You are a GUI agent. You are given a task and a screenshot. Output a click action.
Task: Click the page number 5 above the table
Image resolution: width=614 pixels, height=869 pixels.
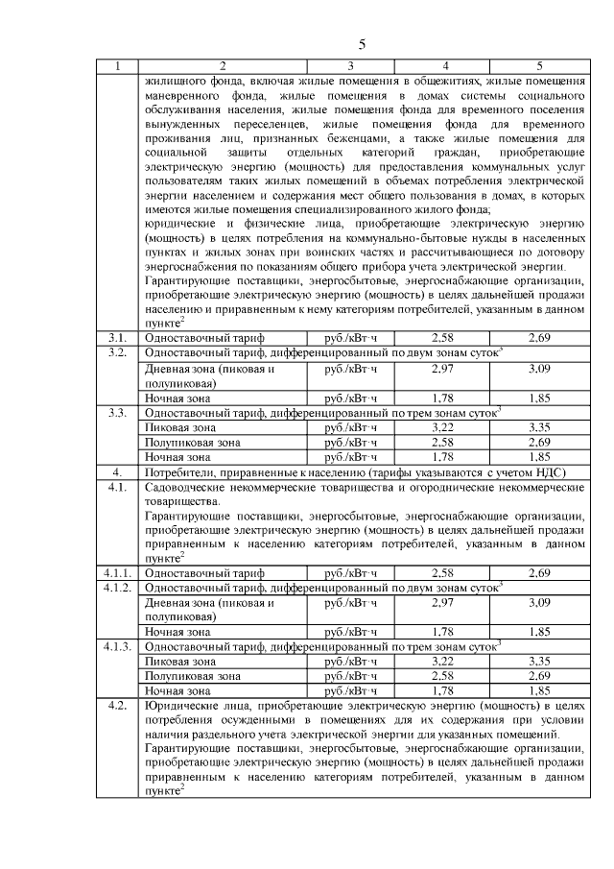(x=362, y=45)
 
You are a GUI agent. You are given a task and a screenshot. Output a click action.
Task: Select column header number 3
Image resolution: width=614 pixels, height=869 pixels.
(x=350, y=66)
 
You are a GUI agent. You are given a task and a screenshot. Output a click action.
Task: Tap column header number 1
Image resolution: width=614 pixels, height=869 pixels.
(x=117, y=66)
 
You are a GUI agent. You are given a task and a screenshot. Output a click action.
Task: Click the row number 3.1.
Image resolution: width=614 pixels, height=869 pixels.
(x=117, y=338)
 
